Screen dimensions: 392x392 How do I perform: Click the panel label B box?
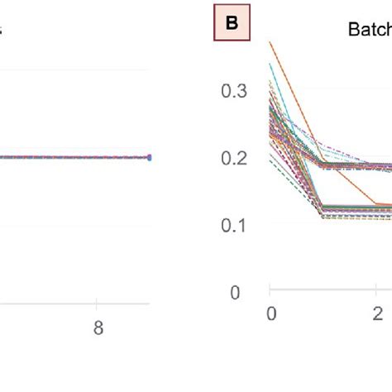[x=232, y=24]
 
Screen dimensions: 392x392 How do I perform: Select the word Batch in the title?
[x=368, y=31]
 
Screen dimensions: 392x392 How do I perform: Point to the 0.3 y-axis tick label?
[x=234, y=91]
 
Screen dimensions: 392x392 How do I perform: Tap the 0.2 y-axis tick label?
[x=234, y=158]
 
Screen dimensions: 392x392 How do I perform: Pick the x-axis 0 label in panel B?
[x=270, y=313]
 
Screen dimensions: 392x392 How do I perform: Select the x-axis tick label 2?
[x=377, y=313]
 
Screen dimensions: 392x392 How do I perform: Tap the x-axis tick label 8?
[x=98, y=327]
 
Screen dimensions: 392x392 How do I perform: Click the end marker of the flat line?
[x=150, y=156]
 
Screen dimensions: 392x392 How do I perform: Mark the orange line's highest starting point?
[x=270, y=42]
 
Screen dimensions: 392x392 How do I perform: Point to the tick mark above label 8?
[x=98, y=303]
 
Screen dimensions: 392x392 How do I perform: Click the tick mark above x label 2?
[x=377, y=291]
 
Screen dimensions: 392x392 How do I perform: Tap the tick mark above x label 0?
[x=270, y=291]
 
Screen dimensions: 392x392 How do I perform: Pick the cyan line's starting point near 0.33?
[x=270, y=65]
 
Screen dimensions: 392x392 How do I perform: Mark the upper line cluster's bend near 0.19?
[x=323, y=165]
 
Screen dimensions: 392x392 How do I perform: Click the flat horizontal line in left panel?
[x=66, y=156]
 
